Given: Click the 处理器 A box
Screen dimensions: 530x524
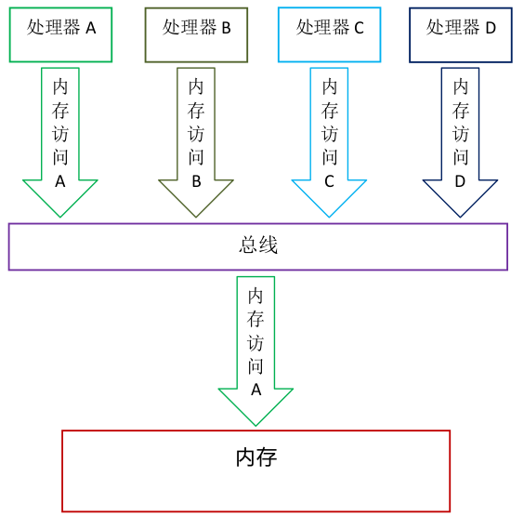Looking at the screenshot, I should [x=60, y=34].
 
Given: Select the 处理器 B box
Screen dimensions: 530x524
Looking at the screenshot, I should [x=196, y=34].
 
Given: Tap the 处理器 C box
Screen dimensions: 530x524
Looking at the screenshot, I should [x=329, y=34].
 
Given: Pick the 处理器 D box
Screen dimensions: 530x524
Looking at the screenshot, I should [x=461, y=34].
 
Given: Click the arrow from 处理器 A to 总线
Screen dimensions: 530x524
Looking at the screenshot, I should [x=60, y=139].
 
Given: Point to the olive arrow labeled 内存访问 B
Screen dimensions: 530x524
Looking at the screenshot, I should [x=196, y=139].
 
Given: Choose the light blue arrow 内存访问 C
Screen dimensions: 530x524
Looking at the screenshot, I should [x=329, y=139].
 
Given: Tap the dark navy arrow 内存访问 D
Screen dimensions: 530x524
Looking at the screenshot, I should [x=461, y=139].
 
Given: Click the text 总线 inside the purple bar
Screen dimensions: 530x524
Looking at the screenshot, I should [x=258, y=246].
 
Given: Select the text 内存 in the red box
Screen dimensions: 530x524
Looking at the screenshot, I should [x=255, y=457].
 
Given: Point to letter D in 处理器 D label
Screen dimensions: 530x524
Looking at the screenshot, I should [x=491, y=29].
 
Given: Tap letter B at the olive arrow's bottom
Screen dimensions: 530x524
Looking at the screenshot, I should [x=196, y=182].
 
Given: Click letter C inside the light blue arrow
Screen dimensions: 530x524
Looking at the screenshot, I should [x=329, y=182].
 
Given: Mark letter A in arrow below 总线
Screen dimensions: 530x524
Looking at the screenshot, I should [x=256, y=391].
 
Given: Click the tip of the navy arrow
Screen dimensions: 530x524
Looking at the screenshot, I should [x=461, y=215].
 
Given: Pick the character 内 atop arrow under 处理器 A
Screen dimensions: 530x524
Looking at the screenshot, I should [x=60, y=86].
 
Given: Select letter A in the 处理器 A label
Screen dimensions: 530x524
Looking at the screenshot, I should [x=90, y=29].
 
